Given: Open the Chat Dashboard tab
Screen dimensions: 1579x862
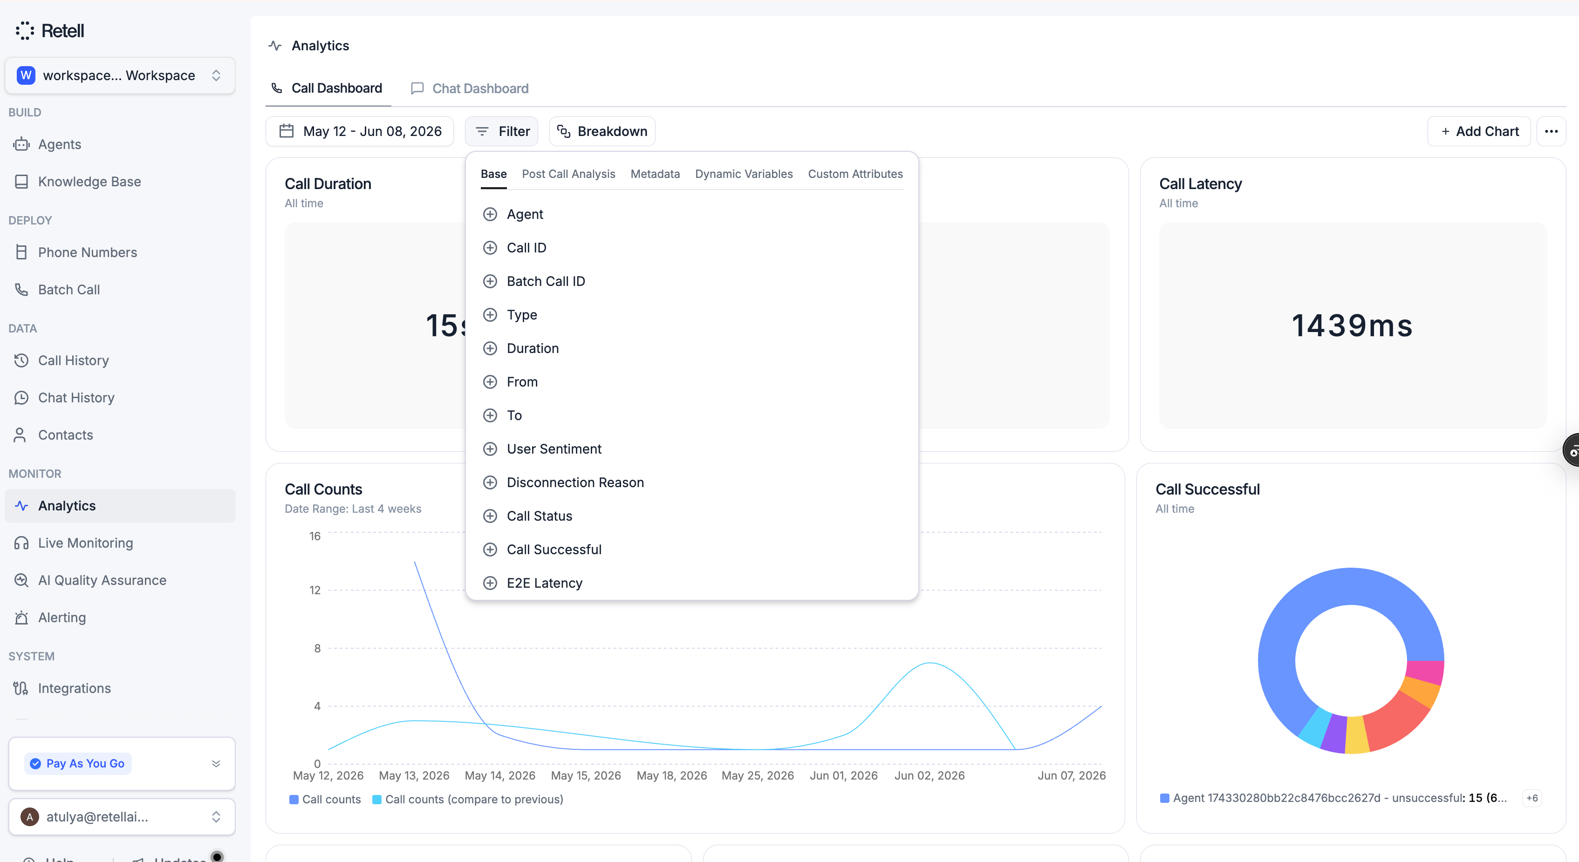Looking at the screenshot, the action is [470, 88].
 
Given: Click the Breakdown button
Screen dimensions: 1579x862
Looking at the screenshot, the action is [602, 131].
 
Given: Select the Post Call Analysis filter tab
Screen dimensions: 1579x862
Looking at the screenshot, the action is [568, 174].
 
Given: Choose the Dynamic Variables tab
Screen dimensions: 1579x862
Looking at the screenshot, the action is [744, 174].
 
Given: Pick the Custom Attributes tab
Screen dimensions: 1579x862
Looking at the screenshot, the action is [855, 174].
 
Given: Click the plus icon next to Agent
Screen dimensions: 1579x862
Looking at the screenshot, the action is [490, 214].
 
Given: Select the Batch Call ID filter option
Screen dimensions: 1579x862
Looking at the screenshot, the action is [546, 281].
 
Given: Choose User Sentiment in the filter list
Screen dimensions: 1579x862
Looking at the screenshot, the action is [554, 449].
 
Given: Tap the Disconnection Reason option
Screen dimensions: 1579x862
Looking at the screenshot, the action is [575, 483].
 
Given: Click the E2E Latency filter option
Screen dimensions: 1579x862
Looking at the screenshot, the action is [544, 583].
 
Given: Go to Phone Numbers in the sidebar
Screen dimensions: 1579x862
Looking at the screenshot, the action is [88, 252].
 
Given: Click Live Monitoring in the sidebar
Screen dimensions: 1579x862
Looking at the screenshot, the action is [85, 543].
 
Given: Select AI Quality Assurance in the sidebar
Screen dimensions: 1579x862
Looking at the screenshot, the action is [102, 580].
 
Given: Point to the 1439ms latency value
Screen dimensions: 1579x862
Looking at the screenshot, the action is [1352, 326].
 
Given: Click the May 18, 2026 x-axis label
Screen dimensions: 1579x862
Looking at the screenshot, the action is [671, 776].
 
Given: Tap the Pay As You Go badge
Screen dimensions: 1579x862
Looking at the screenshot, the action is [78, 763].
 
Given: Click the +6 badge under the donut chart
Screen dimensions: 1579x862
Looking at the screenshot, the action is [1532, 798].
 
